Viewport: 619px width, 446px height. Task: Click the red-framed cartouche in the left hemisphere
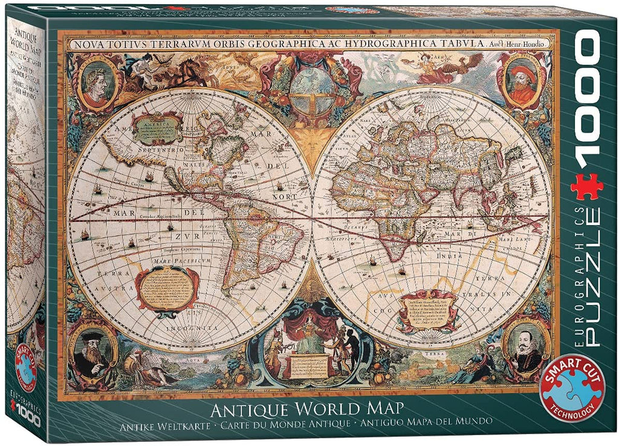165,289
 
